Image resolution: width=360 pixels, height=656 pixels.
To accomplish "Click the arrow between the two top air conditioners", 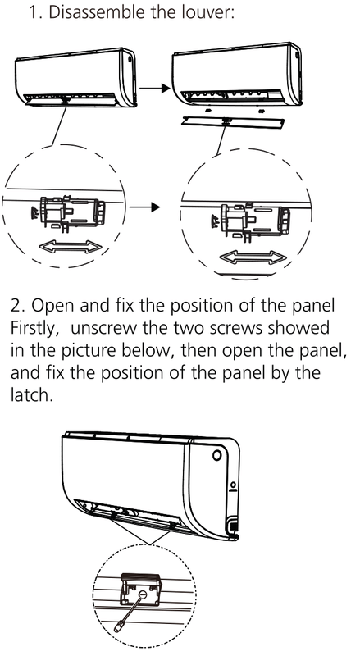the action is (155, 88).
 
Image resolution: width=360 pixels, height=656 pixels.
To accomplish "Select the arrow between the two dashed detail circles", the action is (145, 207).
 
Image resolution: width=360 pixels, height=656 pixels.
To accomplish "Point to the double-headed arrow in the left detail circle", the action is (70, 247).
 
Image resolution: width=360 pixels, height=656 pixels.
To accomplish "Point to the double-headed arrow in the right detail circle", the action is (252, 257).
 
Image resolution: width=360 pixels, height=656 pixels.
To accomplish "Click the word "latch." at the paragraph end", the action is (32, 394).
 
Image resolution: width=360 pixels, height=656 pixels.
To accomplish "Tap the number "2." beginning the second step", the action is (18, 307).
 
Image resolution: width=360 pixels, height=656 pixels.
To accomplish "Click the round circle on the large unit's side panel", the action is (217, 455).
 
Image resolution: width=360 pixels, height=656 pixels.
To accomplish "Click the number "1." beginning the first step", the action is (35, 12).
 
